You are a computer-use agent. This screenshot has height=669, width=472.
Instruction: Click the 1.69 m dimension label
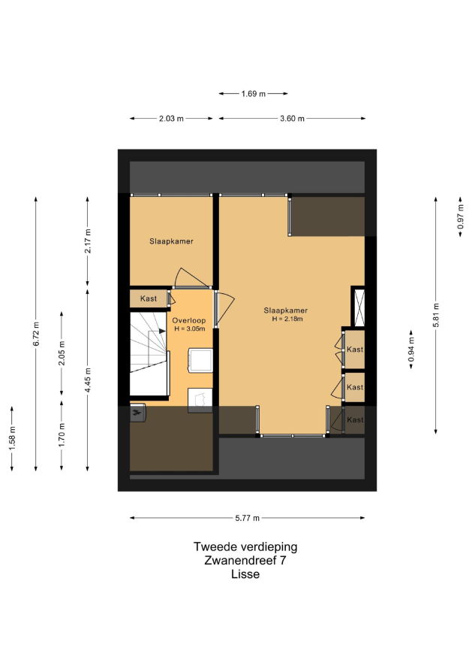[x=253, y=93]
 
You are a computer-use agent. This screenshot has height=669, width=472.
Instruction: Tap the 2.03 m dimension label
[x=171, y=118]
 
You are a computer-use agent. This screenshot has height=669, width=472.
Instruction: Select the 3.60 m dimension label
[x=292, y=118]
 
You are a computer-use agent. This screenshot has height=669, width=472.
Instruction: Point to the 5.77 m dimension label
[x=247, y=518]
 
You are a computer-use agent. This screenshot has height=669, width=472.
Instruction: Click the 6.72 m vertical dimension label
[x=36, y=334]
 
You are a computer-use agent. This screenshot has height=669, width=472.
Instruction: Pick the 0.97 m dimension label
[x=461, y=216]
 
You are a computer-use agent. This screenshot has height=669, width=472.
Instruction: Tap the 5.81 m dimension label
[x=436, y=315]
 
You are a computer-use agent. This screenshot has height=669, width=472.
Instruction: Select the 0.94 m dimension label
[x=411, y=350]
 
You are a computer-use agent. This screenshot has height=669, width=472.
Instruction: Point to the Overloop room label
[x=188, y=320]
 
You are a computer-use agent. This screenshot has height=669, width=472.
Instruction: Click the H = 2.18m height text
[x=287, y=319]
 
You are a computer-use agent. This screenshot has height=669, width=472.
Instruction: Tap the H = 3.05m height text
[x=190, y=328]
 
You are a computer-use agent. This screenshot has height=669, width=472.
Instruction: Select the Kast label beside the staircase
[x=149, y=298]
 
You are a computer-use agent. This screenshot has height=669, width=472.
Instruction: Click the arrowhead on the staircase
[x=163, y=331]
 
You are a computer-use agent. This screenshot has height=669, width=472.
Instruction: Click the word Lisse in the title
[x=245, y=574]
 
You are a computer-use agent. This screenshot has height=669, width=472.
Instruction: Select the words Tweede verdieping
[x=245, y=546]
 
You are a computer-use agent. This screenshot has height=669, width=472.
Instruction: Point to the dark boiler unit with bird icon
[x=137, y=413]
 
